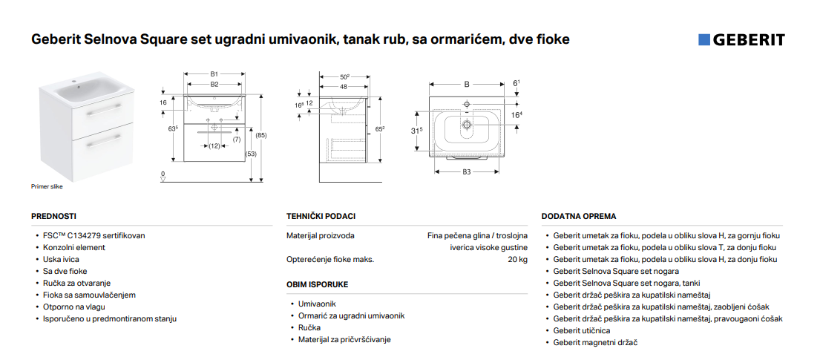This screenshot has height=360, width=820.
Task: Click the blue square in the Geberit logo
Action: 704,40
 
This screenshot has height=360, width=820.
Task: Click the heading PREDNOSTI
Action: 54,216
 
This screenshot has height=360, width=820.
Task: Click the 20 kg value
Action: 518,260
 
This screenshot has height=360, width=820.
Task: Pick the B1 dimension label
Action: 214,73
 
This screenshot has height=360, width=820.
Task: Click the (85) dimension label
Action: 260,136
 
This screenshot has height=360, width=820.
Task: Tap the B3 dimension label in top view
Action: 467,171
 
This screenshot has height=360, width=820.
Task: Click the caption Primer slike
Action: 47,187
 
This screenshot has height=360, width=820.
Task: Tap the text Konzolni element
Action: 73,247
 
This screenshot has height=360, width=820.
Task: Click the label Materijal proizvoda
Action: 320,235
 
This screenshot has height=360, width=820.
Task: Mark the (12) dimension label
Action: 214,146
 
